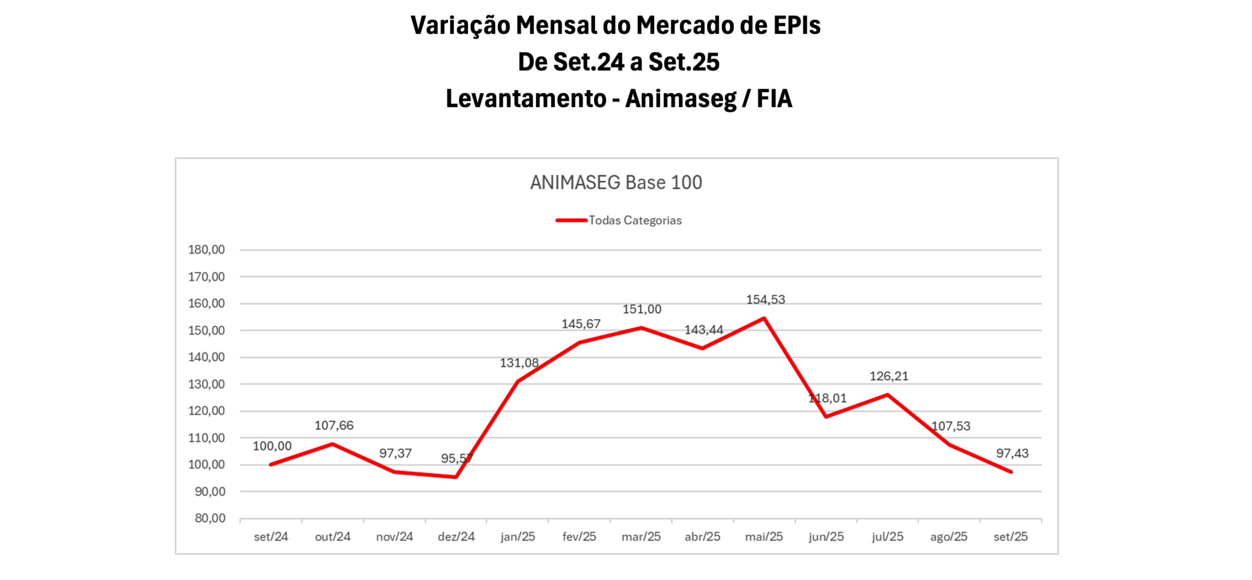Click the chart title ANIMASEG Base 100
616,183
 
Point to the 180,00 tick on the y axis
206,250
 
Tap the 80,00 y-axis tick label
210,518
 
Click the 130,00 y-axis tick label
206,384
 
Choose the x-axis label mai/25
764,537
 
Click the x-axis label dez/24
456,537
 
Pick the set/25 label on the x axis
1011,537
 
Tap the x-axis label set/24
271,537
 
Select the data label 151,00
642,310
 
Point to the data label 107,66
334,426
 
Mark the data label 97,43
1012,454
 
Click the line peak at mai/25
764,318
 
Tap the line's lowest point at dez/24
456,477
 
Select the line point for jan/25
518,382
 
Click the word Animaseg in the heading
680,99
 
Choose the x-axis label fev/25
579,537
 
